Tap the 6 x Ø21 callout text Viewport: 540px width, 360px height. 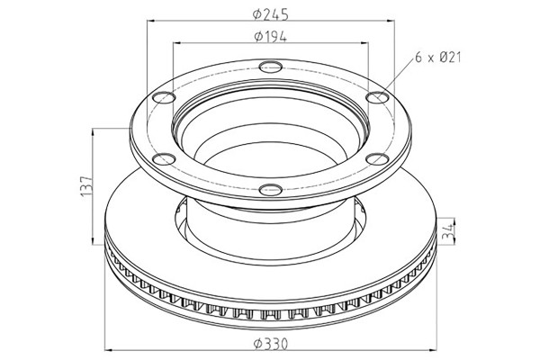pyautogui.click(x=438, y=57)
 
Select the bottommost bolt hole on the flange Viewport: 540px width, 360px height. pyautogui.click(x=271, y=189)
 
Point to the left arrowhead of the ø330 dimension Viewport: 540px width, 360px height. pyautogui.click(x=109, y=350)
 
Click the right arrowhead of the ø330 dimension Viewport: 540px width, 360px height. pyautogui.click(x=433, y=350)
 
